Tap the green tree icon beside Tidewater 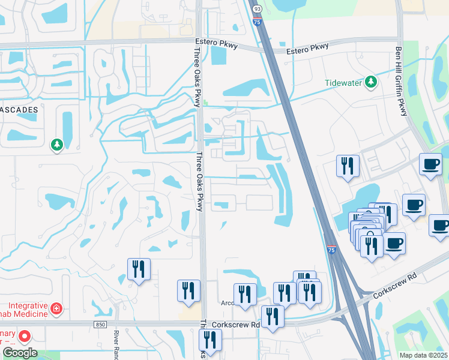coord(372,82)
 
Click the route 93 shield coord(258,9)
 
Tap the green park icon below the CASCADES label coord(57,145)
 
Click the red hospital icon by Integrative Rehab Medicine coord(56,308)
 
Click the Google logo coord(20,353)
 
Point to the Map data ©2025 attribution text coord(423,355)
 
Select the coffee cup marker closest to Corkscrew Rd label coord(394,244)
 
